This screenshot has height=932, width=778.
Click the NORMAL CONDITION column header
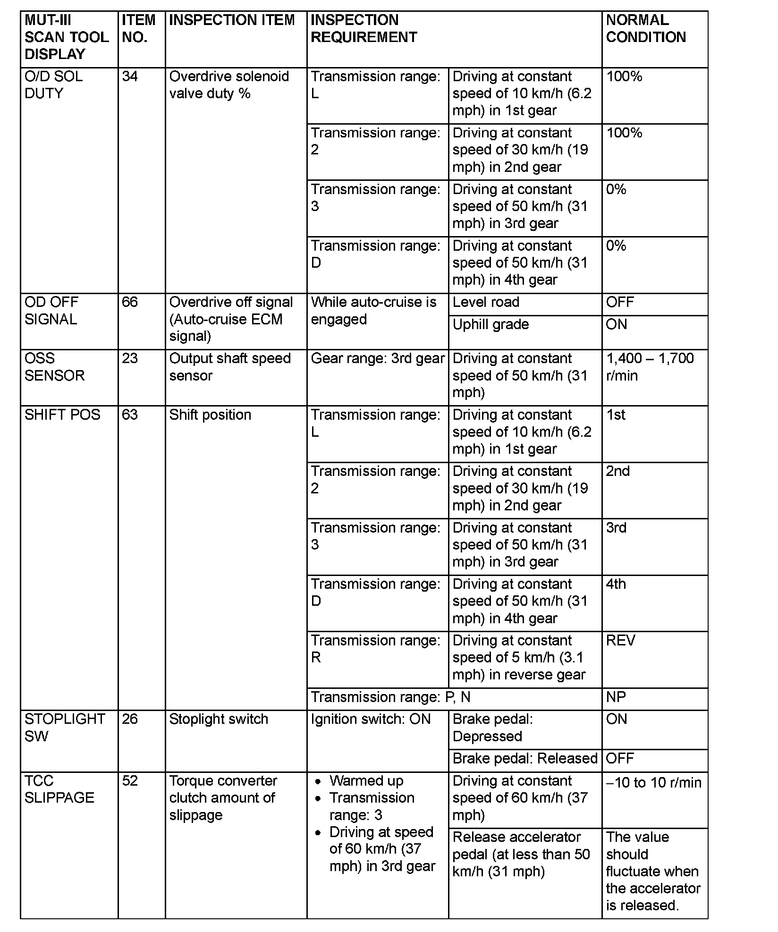point(645,29)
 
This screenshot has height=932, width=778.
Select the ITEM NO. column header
point(138,29)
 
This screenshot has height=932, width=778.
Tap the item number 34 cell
point(130,76)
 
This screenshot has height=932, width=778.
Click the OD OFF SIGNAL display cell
point(51,311)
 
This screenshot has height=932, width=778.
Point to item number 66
point(130,302)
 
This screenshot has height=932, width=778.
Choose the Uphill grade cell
point(490,324)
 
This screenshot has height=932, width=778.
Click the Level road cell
point(486,302)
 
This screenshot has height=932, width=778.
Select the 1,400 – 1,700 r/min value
point(650,367)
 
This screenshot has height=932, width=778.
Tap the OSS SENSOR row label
point(54,367)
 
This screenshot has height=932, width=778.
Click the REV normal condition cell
point(621,641)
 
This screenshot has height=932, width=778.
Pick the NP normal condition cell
point(616,697)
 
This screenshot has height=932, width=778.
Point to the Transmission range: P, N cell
point(390,697)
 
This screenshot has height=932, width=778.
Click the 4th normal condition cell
point(616,584)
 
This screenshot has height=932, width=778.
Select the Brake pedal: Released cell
point(525,759)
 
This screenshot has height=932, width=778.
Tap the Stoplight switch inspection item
point(219,719)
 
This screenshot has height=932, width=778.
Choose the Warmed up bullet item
point(366,781)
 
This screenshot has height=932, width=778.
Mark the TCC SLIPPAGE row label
point(59,789)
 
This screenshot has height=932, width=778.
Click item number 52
point(130,781)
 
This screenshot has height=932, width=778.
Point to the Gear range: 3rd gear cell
point(378,359)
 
